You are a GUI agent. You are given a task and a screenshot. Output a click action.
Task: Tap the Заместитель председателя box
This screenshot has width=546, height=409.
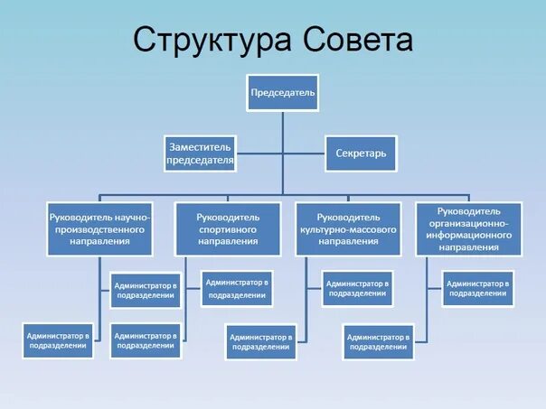coord(200,153)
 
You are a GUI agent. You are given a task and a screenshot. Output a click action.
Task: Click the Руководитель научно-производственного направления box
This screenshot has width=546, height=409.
coord(99,228)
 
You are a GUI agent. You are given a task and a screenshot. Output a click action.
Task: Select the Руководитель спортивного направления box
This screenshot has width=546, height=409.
coord(229,228)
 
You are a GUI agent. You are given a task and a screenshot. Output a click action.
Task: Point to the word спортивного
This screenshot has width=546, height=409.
coord(229,229)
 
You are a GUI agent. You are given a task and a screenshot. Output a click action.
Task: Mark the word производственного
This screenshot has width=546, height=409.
coord(100,229)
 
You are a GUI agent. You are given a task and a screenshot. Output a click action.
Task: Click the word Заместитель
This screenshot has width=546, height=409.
coord(200,145)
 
